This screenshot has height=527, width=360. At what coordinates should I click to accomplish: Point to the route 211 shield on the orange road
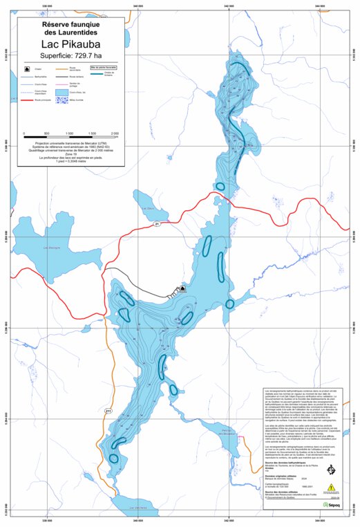point(108,411)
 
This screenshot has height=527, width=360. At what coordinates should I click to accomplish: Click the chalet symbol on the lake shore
point(183,289)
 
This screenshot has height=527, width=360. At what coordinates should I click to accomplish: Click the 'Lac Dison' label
point(146,208)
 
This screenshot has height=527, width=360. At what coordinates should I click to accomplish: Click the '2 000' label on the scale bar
point(115,132)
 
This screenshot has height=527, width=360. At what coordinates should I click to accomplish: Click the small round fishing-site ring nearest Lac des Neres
point(114,458)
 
